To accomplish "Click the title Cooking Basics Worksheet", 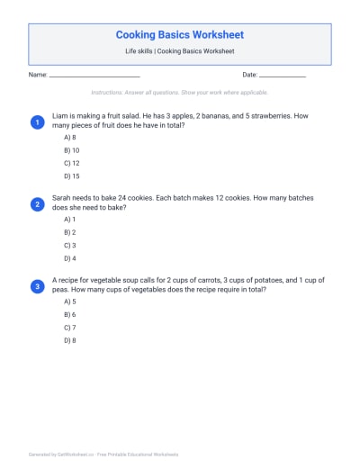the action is coord(179,35).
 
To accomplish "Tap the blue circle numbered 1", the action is coord(38,121).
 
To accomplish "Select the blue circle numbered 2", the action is coord(38,204).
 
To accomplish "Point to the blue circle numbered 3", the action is coord(38,286).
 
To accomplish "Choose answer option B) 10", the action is coord(71,150).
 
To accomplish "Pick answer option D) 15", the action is coord(71,177).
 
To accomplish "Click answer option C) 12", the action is coord(71,164).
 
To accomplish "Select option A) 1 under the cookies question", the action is coord(69,219).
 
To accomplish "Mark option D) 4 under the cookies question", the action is coord(69,259).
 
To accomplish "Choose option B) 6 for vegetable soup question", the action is coord(69,314).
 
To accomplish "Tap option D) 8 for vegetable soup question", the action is coord(69,341).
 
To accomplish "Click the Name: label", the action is coord(38,75).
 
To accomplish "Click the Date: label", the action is coord(249,75).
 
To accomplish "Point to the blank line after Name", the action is coord(94,76).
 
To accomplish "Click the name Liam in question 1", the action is coord(60,116).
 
